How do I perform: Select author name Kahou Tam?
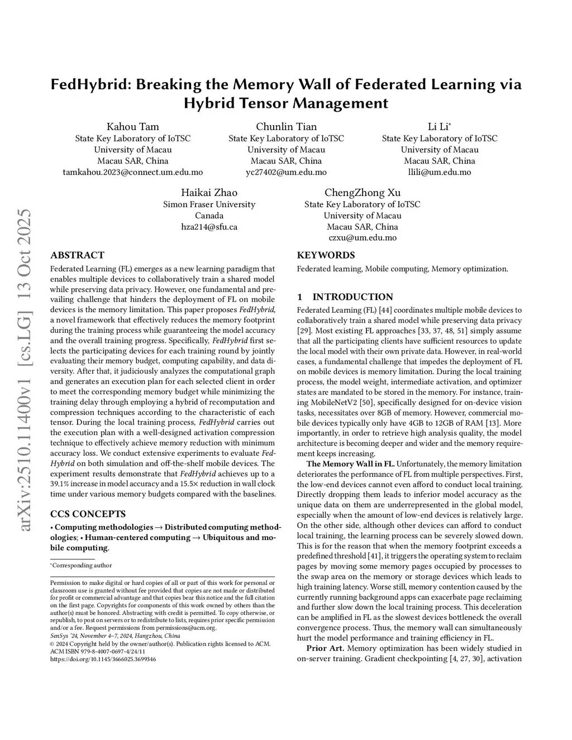coord(133,126)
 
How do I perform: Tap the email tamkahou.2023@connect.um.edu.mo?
coord(133,172)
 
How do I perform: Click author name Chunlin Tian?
coord(286,126)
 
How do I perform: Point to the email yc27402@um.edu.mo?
coord(286,172)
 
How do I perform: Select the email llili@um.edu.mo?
coord(440,172)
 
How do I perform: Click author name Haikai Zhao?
coord(209,193)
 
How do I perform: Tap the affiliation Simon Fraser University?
coord(209,204)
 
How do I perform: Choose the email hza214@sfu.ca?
coord(209,227)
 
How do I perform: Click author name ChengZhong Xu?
coord(363,193)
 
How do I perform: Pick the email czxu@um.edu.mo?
coord(363,237)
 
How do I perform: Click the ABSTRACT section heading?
coord(77,255)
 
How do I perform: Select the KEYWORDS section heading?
coord(326,255)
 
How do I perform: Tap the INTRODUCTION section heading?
coord(352,297)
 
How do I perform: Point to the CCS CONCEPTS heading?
coord(88,514)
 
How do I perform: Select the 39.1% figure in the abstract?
coord(60,484)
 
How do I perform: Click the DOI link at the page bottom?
coord(103,659)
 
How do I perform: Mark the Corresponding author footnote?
coord(82,565)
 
